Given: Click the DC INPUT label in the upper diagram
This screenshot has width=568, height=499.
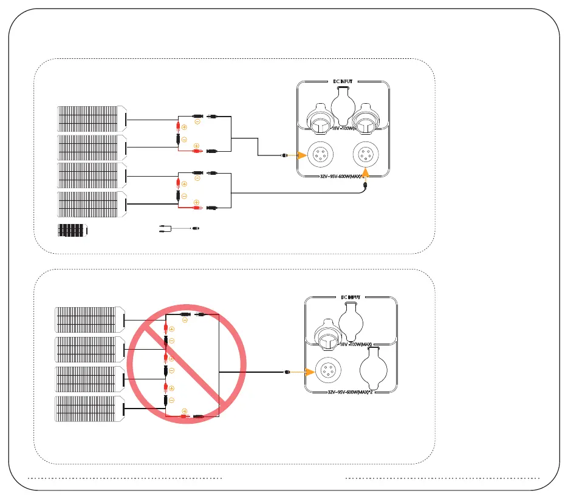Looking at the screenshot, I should (343, 80).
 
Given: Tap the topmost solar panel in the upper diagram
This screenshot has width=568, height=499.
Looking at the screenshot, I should (92, 119).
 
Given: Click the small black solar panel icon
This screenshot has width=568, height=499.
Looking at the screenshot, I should (72, 231).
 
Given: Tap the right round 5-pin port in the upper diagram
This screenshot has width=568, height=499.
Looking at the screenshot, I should (366, 155).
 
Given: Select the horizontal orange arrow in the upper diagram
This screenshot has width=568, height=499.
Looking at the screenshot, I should (293, 155).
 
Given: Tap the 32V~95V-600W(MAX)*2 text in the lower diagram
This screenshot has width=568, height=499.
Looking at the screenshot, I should (351, 392).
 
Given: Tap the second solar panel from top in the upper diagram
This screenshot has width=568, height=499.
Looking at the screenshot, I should (92, 148).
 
